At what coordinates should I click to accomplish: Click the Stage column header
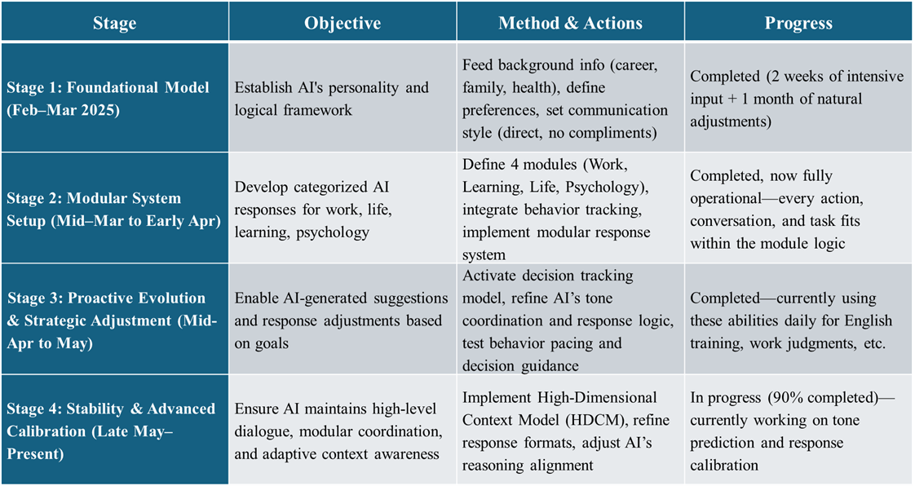point(114,24)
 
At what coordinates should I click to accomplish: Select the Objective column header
point(343,24)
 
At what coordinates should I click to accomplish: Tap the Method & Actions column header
point(570,24)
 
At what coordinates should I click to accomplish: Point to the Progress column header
point(798,24)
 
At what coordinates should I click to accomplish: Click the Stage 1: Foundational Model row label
point(108,99)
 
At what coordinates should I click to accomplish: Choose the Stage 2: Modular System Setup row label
point(114,210)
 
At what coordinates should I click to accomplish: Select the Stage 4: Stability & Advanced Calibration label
point(111,431)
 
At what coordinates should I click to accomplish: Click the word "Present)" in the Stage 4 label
point(35,454)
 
